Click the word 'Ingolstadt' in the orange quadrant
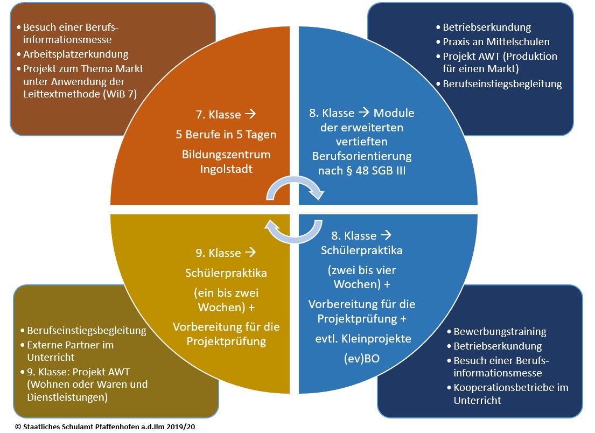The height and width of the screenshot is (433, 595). [x=225, y=169]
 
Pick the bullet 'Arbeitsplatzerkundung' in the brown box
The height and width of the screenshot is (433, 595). [x=76, y=54]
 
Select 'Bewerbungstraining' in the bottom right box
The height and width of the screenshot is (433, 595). [x=500, y=331]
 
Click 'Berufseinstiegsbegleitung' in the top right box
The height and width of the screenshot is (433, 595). [x=502, y=83]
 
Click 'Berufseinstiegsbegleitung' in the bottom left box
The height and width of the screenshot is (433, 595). [x=87, y=330]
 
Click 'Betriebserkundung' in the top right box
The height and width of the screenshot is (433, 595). [x=487, y=27]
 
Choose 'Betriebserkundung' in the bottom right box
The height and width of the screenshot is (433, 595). [x=498, y=346]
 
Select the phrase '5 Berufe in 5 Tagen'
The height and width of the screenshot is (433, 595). [x=226, y=135]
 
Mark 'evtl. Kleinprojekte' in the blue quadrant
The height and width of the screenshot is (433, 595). [x=363, y=339]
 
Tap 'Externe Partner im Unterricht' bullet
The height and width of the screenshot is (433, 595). [x=71, y=351]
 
